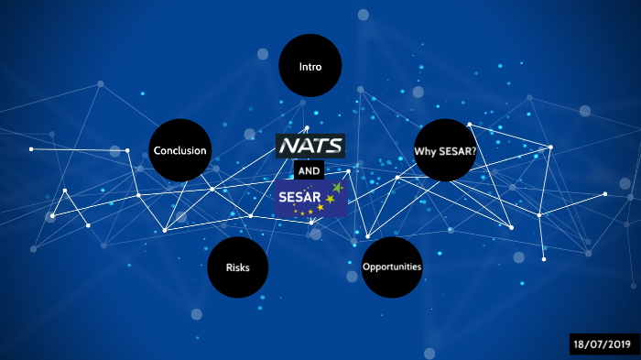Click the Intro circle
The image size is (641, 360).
click(x=310, y=67)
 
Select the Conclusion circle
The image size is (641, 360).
click(x=180, y=151)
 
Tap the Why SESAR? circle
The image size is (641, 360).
click(x=445, y=150)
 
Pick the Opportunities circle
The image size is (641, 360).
click(x=392, y=267)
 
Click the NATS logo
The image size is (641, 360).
click(x=310, y=146)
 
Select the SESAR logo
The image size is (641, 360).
click(x=310, y=199)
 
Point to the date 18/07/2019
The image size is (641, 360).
click(x=601, y=344)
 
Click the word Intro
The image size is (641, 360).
click(x=310, y=67)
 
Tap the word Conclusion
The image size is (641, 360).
click(x=180, y=151)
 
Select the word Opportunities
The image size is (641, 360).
click(x=392, y=267)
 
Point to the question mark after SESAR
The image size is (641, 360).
click(x=473, y=151)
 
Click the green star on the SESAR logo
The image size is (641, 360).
click(x=337, y=188)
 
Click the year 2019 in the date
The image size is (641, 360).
click(x=616, y=344)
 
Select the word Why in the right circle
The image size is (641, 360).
click(x=424, y=151)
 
